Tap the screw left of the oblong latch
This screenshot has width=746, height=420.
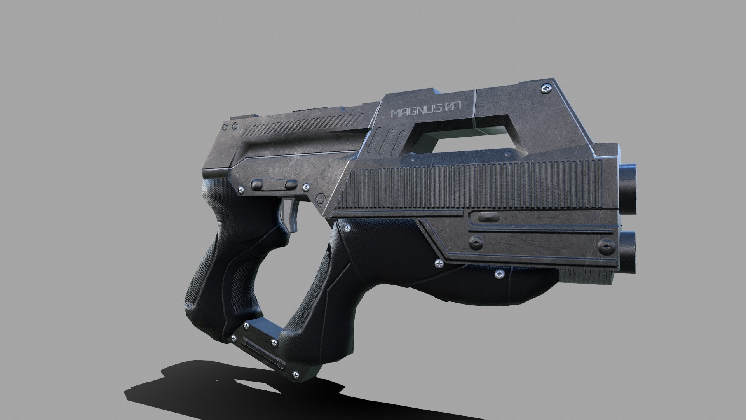click(241, 190)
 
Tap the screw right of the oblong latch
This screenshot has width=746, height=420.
click(307, 187)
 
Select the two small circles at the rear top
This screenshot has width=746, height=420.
click(231, 126)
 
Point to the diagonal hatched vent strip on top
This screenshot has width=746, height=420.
click(303, 123)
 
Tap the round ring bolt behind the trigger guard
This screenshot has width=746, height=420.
click(320, 199)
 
